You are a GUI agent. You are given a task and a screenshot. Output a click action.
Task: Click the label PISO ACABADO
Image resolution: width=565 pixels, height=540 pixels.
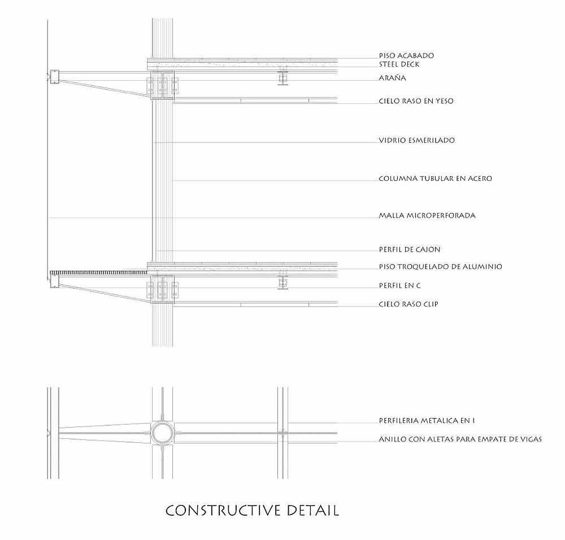[406, 55]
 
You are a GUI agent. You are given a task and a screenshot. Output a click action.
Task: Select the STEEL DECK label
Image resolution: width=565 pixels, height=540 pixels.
[399, 64]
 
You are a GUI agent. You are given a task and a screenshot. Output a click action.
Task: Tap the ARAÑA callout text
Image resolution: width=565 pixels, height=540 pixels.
[393, 77]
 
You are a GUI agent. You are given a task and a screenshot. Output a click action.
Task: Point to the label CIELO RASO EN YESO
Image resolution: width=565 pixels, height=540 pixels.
[416, 101]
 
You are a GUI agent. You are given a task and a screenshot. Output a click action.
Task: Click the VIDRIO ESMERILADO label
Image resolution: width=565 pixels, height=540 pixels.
[416, 140]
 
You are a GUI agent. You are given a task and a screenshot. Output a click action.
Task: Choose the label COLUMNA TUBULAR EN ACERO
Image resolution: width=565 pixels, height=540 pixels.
[435, 178]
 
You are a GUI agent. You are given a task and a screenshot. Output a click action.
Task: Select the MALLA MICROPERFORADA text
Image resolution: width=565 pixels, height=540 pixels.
[427, 215]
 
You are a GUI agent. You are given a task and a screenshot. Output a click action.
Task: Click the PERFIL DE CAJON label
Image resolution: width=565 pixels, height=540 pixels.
[409, 249]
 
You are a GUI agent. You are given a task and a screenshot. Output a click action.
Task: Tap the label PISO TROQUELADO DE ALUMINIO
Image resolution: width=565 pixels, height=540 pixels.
[440, 267]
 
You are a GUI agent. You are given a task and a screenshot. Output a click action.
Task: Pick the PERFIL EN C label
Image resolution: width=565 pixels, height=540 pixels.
[399, 286]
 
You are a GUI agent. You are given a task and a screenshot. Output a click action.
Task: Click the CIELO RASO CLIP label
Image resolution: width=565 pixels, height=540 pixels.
[408, 304]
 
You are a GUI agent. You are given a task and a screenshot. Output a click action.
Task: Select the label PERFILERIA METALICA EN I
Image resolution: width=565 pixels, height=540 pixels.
[427, 420]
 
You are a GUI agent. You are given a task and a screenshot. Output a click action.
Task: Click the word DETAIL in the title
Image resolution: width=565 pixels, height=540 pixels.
[313, 511]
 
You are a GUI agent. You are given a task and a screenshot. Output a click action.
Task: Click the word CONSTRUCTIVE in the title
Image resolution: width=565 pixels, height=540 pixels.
[223, 511]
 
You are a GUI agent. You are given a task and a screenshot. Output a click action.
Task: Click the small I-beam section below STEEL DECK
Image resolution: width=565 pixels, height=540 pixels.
[283, 78]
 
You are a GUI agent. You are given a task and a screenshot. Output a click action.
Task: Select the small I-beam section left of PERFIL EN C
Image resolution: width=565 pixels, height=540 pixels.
[283, 283]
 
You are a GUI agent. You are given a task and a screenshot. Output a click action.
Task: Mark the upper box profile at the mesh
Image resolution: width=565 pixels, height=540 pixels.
[54, 77]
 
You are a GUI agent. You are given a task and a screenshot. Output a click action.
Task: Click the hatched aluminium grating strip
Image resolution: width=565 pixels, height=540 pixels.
[99, 272]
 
